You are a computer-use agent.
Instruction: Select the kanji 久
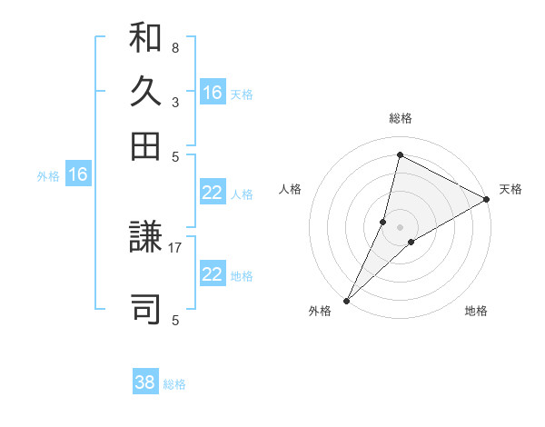point(145,91)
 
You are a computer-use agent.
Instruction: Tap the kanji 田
point(145,144)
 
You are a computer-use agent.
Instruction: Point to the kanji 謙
point(145,245)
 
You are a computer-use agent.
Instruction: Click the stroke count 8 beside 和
point(175,47)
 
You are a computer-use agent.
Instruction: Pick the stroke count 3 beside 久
point(175,103)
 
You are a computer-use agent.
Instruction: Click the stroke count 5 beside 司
point(175,320)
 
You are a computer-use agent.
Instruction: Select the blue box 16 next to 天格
point(213,93)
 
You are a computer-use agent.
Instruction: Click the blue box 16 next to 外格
point(78,175)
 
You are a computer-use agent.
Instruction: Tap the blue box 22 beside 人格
point(213,193)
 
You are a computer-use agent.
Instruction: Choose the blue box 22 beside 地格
point(213,274)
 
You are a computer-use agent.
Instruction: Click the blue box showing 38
point(145,382)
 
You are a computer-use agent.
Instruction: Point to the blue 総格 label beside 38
point(174,384)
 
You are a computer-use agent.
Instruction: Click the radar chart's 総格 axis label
point(400,118)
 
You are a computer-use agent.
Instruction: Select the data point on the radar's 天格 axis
point(486,200)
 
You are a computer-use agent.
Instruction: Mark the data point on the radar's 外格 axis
point(347,300)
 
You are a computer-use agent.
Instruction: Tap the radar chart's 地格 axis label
point(476,311)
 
